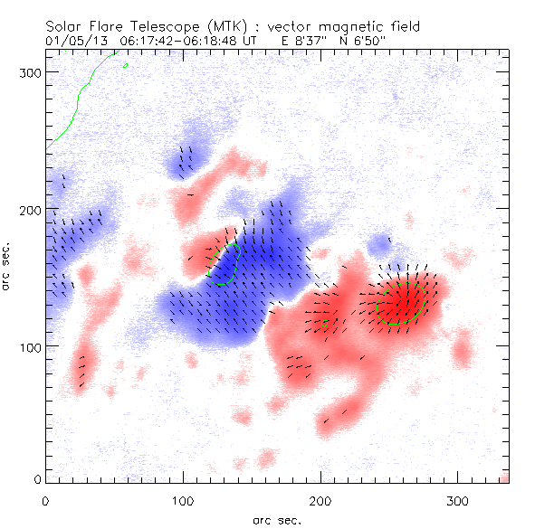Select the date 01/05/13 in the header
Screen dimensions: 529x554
73,42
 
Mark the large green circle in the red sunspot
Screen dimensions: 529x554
402,303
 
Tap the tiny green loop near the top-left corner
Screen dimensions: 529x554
125,65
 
